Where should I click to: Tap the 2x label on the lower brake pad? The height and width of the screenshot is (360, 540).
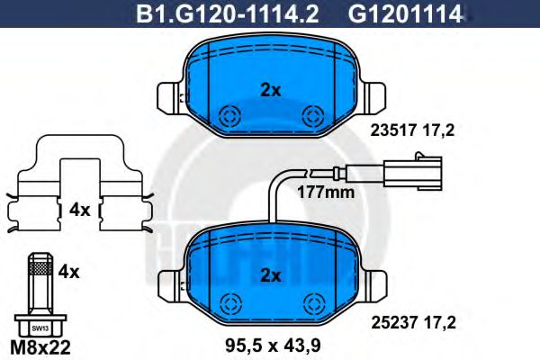click(271, 274)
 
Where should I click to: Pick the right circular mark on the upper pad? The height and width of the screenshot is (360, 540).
click(314, 115)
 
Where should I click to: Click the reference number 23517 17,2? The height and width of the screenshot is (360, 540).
click(413, 130)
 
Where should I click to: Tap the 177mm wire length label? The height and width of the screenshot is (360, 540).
click(327, 192)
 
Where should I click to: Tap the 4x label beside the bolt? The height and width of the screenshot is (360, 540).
click(68, 269)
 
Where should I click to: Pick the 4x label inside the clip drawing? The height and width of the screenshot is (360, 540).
click(79, 210)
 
